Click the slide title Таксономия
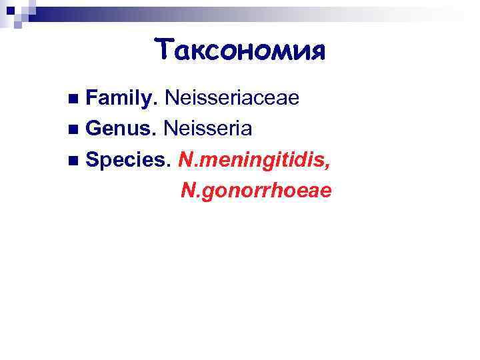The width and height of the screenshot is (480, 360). tap(240, 50)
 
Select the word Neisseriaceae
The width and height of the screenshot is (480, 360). tap(232, 99)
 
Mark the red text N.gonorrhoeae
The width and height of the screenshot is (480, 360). tap(256, 191)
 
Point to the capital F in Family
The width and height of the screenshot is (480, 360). tap(93, 99)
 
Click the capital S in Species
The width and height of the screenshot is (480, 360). tap(93, 160)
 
